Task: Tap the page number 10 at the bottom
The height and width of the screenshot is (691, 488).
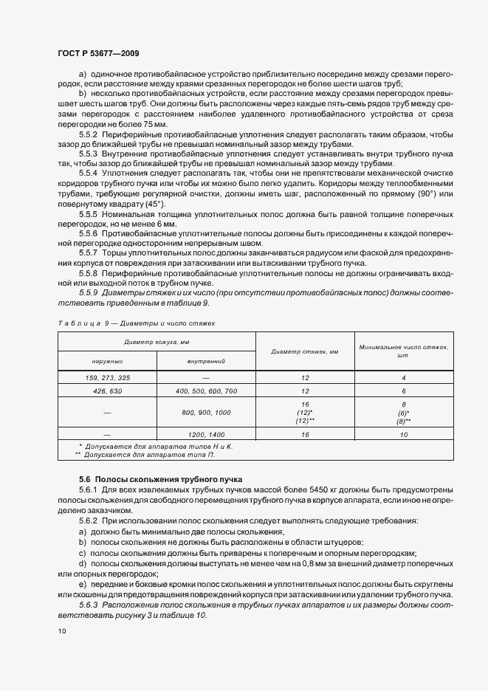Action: [61, 631]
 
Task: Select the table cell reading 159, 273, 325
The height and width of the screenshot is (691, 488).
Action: [107, 377]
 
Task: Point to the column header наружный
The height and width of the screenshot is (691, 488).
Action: [107, 361]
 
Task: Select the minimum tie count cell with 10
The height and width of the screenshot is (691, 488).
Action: [403, 435]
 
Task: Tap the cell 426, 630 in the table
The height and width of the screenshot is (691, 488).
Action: [107, 390]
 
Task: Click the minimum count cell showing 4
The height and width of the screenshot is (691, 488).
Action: [403, 377]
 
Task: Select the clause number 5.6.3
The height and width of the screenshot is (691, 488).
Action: [91, 603]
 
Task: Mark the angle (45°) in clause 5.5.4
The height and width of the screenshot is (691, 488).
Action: [152, 203]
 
